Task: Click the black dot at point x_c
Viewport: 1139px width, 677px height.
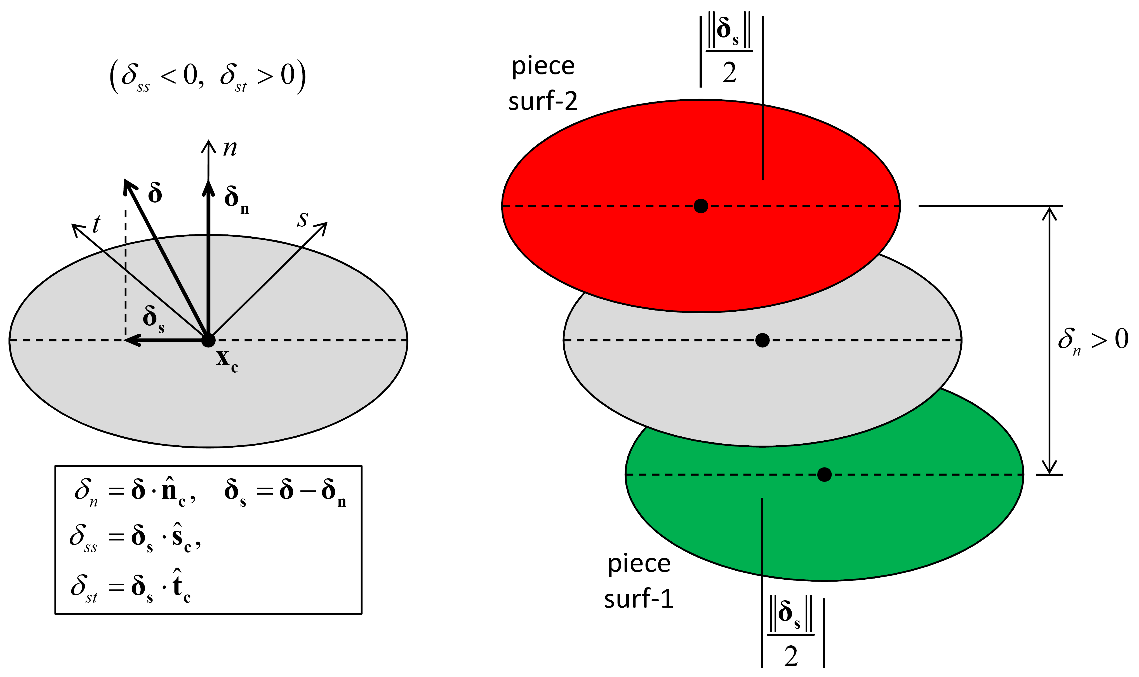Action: coord(208,340)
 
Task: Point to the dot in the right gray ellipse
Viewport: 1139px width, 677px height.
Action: coord(762,340)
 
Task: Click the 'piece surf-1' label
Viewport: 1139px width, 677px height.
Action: coord(639,581)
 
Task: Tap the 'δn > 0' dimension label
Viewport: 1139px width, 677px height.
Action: coord(1093,340)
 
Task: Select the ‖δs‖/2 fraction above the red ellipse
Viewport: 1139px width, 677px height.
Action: coord(729,51)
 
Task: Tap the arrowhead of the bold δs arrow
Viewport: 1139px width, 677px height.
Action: coord(130,340)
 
